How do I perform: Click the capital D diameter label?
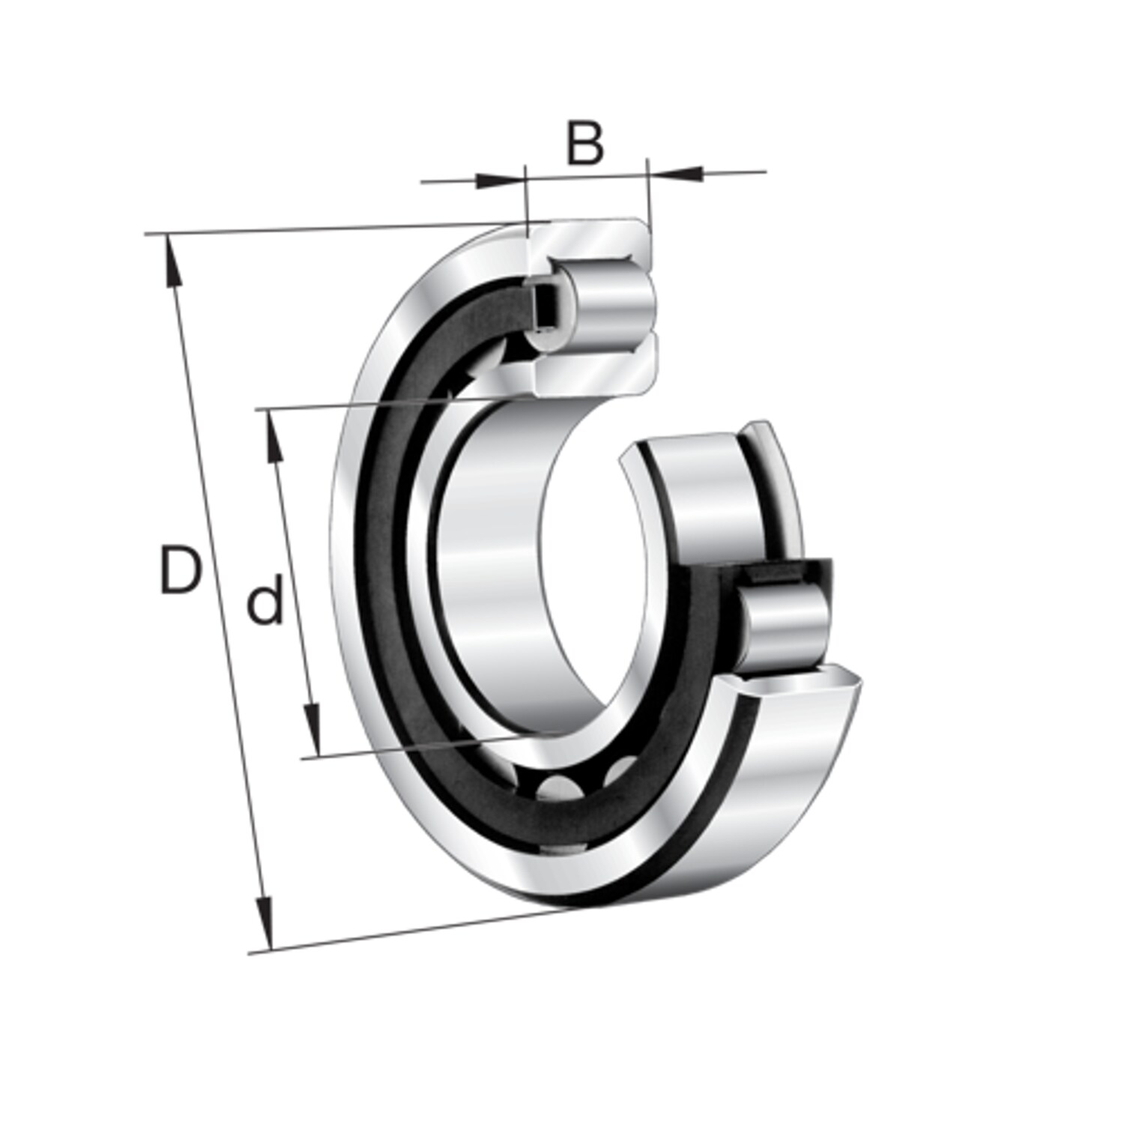pyautogui.click(x=181, y=570)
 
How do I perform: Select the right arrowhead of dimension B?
pyautogui.click(x=676, y=172)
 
